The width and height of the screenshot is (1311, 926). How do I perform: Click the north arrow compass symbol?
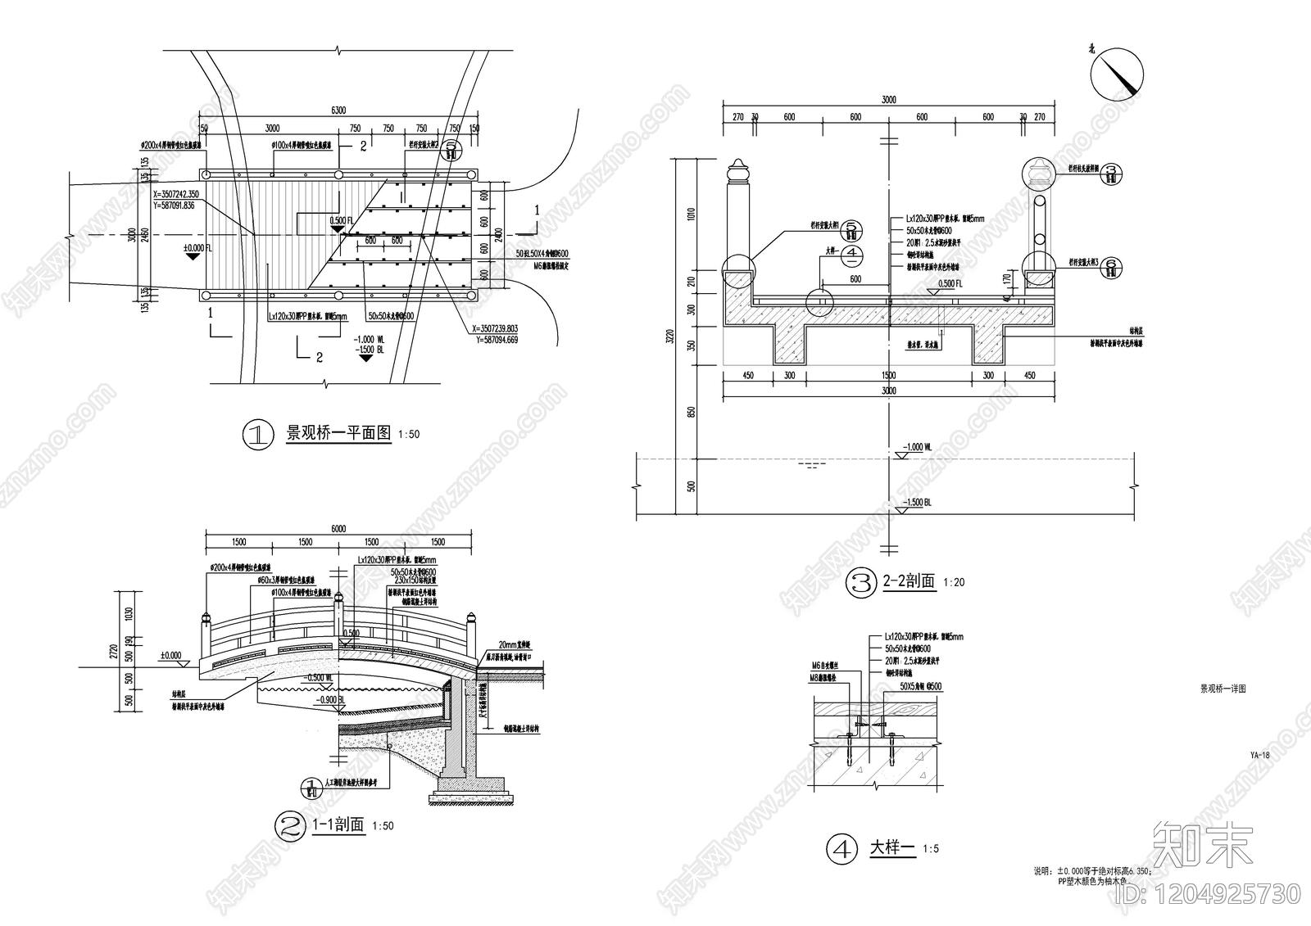pyautogui.click(x=1116, y=71)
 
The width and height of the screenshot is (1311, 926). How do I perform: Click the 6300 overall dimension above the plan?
pyautogui.click(x=338, y=111)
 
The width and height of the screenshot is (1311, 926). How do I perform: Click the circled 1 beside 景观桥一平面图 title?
pyautogui.click(x=257, y=434)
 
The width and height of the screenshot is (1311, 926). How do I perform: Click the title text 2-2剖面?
pyautogui.click(x=909, y=581)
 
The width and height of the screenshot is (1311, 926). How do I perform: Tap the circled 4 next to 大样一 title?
pyautogui.click(x=841, y=849)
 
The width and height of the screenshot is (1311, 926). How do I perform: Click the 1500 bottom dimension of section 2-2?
pyautogui.click(x=889, y=376)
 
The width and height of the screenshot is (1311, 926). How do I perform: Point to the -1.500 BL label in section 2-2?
pyautogui.click(x=916, y=503)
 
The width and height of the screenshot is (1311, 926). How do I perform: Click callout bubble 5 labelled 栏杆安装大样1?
pyautogui.click(x=852, y=228)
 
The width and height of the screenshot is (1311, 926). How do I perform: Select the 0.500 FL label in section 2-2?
pyautogui.click(x=949, y=284)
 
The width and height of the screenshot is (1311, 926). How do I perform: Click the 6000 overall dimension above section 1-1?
pyautogui.click(x=338, y=529)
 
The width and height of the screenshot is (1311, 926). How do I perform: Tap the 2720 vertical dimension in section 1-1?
pyautogui.click(x=115, y=651)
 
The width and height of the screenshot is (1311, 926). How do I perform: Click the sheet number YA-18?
pyautogui.click(x=1259, y=756)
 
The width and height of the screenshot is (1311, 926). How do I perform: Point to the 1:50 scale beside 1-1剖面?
pyautogui.click(x=383, y=825)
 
